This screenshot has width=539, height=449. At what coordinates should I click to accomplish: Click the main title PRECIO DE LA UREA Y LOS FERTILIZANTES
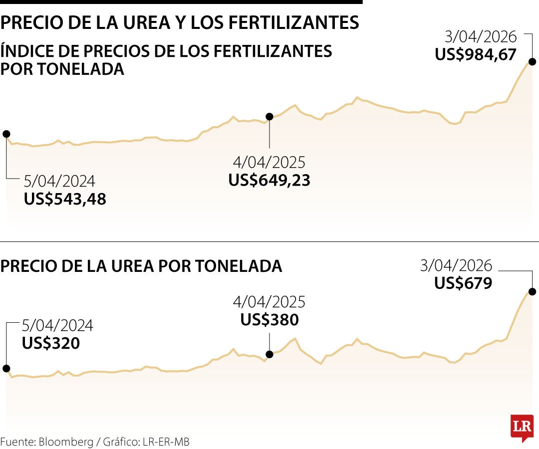[x=180, y=22]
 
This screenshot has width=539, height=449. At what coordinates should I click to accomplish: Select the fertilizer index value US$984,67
[x=475, y=54]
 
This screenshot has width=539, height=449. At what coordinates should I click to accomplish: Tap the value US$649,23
[x=269, y=180]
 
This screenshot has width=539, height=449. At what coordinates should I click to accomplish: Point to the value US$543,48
[x=65, y=199]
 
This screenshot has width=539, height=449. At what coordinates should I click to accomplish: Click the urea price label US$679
[x=463, y=283]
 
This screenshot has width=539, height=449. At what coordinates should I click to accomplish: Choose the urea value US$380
[x=269, y=319]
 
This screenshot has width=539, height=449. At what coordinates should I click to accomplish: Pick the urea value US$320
[x=51, y=343]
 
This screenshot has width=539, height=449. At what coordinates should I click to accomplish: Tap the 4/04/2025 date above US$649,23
[x=269, y=163]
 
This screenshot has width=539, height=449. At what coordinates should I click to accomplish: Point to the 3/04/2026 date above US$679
[x=456, y=265]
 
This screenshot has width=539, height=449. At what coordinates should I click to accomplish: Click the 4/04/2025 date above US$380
[x=269, y=302]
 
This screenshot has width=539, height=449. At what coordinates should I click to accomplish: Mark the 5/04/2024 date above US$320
[x=57, y=326]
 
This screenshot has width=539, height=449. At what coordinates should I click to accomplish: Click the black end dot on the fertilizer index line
[x=532, y=62]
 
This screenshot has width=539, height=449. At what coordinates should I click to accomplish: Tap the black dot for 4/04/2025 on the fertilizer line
[x=269, y=117]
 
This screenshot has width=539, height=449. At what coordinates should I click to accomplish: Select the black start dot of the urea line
[x=6, y=369]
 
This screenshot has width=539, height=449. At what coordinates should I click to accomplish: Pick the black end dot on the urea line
[x=532, y=292]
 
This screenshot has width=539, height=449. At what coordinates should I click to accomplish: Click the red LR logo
[x=522, y=427]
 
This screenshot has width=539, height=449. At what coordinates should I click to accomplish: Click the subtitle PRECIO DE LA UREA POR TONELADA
[x=141, y=266]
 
